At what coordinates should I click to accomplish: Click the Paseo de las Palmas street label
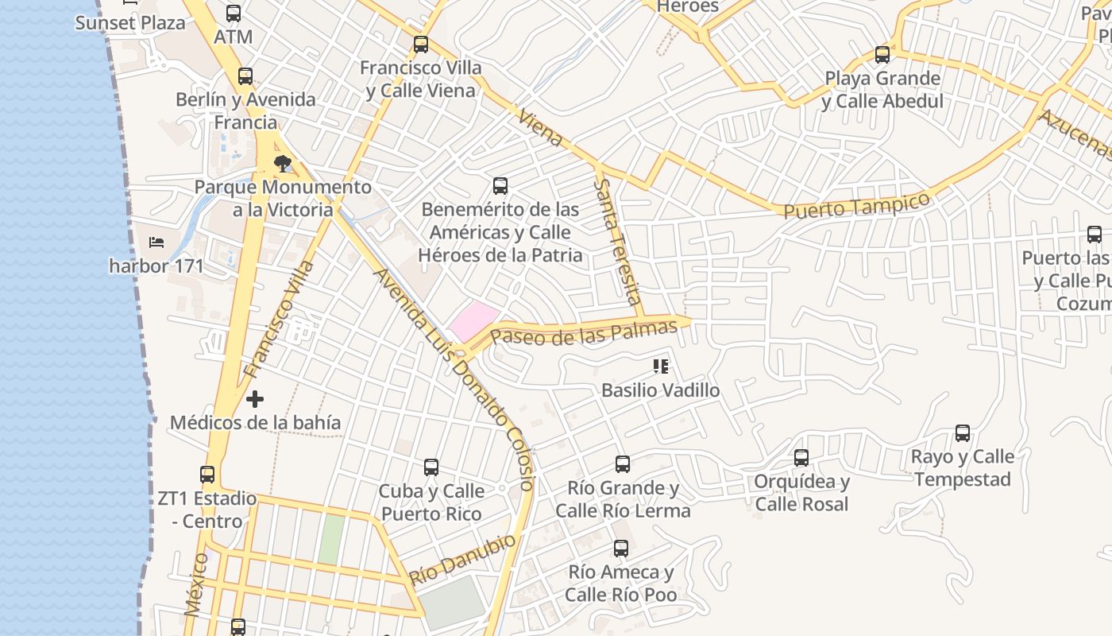(584, 332)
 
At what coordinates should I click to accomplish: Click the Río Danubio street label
(462, 559)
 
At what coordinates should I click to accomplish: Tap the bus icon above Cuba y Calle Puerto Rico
(431, 467)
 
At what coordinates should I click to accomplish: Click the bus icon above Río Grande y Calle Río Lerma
(623, 463)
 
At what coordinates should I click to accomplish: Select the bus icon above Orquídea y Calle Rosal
(801, 458)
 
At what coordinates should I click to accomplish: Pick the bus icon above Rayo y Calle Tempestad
(963, 433)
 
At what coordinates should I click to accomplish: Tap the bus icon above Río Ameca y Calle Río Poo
(621, 549)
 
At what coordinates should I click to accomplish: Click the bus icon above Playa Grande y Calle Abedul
(882, 55)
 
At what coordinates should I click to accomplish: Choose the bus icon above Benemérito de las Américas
(500, 186)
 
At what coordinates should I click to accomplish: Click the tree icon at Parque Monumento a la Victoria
(282, 164)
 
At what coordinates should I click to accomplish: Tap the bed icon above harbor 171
(156, 242)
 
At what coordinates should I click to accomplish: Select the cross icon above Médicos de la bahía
(255, 398)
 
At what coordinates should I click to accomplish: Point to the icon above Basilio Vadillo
(660, 366)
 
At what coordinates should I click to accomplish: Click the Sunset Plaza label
(130, 22)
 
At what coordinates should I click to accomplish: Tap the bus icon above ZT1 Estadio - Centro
(207, 475)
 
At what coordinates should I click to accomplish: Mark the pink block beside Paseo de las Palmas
(475, 321)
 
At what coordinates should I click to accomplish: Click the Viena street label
(540, 127)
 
